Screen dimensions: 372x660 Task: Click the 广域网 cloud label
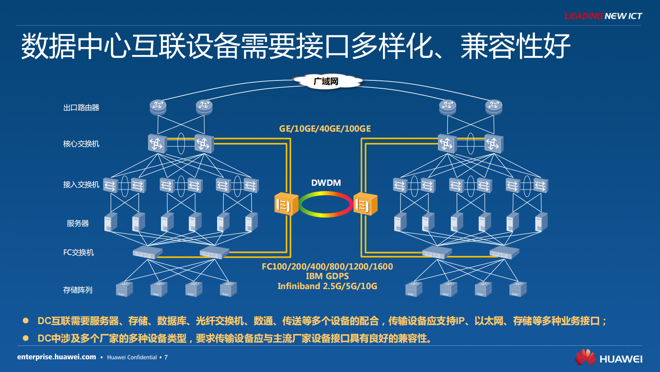pos(326,81)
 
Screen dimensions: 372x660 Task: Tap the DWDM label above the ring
pos(326,183)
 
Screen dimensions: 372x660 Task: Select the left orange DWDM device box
pos(286,204)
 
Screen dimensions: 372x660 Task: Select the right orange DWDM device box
pos(365,204)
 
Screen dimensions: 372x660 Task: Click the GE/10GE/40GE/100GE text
pos(325,129)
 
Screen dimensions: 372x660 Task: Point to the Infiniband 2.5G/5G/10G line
pos(327,286)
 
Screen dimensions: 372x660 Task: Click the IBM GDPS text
pos(327,276)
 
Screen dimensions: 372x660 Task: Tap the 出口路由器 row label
pos(81,107)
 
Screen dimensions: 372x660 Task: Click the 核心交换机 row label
pos(81,144)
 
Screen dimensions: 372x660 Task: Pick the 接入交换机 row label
pos(81,185)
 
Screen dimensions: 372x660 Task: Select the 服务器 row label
pos(78,223)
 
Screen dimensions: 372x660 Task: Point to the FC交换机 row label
pos(79,252)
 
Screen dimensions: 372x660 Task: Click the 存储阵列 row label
pos(78,290)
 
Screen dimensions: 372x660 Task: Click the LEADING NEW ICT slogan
pos(603,16)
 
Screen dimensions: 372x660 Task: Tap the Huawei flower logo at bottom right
pos(585,357)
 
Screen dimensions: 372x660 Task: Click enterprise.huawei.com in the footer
pos(57,357)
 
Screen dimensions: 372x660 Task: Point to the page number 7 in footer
pos(166,357)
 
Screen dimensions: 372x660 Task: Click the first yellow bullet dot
pos(26,321)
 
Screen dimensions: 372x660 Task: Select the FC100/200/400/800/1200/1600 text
pos(327,267)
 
